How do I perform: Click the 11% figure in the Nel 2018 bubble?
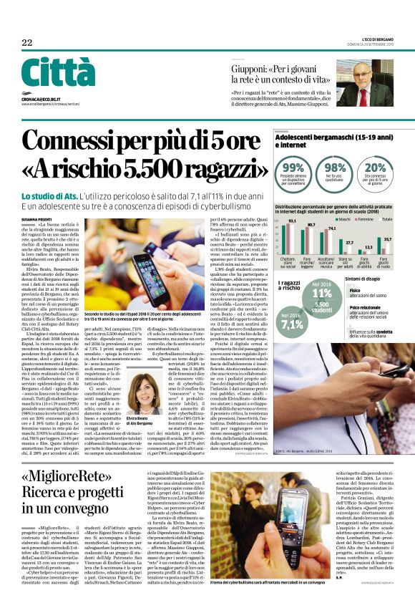click(x=322, y=293)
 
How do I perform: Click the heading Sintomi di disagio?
click(x=364, y=278)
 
